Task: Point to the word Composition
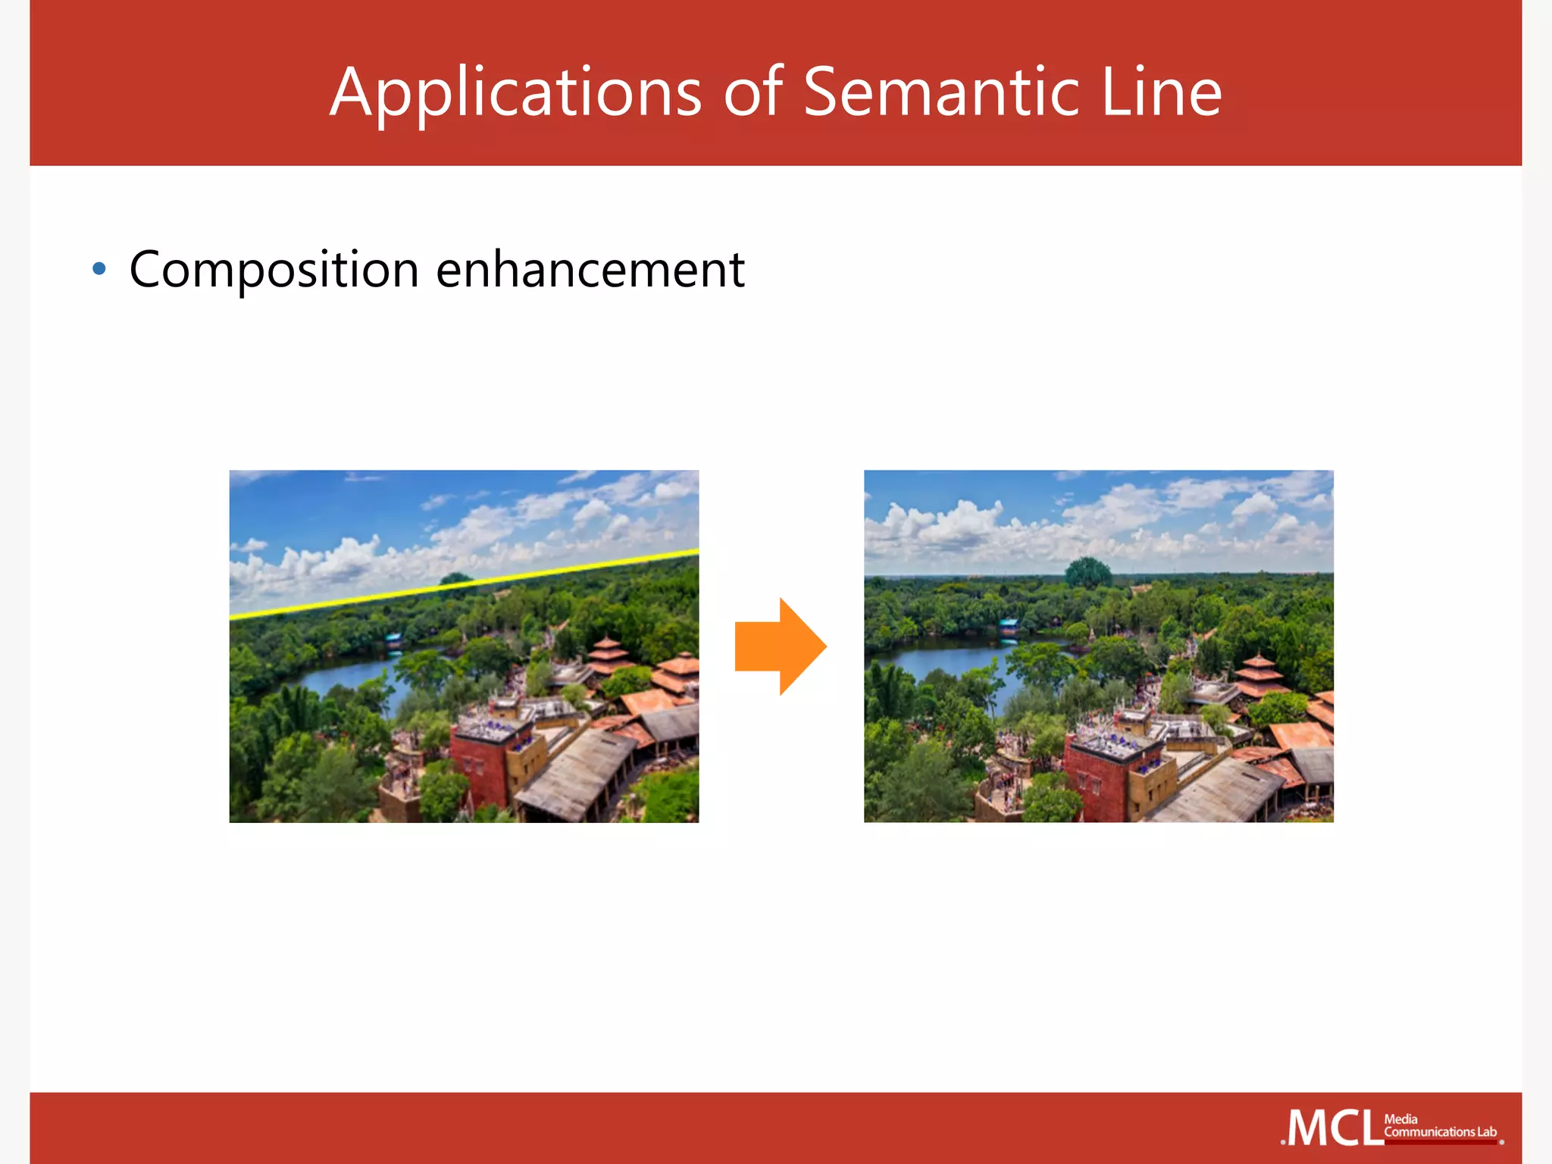274,270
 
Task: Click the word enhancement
590,270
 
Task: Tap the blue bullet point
99,269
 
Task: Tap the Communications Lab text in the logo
1440,1132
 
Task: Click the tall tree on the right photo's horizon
1088,572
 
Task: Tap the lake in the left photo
349,674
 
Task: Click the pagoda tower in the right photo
1258,674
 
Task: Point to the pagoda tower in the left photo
609,656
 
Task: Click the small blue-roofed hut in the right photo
1008,626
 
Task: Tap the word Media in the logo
1400,1119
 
